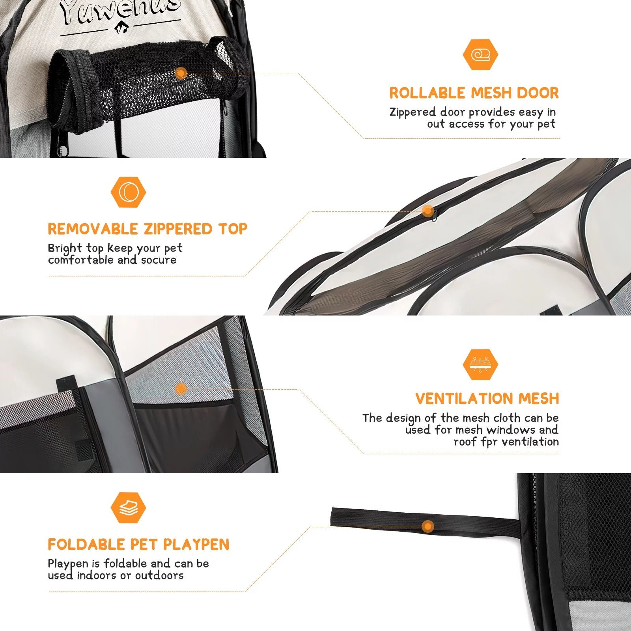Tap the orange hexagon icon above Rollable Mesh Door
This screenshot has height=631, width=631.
(480, 54)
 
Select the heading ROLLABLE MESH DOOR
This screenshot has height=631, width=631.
(474, 93)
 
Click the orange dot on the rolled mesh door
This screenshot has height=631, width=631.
(181, 73)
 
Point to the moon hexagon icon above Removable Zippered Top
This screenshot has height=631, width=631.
(128, 192)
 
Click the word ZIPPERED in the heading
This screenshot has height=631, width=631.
(178, 229)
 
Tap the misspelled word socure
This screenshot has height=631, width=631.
(159, 260)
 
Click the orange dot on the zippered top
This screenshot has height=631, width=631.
(428, 211)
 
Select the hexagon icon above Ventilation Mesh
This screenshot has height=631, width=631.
(480, 364)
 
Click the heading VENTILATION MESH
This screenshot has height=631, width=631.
(487, 399)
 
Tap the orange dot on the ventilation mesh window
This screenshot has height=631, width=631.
(181, 389)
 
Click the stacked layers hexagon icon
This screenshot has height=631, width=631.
(128, 508)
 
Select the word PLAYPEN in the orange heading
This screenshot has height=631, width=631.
(196, 545)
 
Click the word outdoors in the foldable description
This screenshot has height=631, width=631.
(159, 575)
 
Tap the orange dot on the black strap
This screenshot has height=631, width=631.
(428, 526)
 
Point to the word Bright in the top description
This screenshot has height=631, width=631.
(65, 248)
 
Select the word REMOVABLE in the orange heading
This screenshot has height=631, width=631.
(93, 229)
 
